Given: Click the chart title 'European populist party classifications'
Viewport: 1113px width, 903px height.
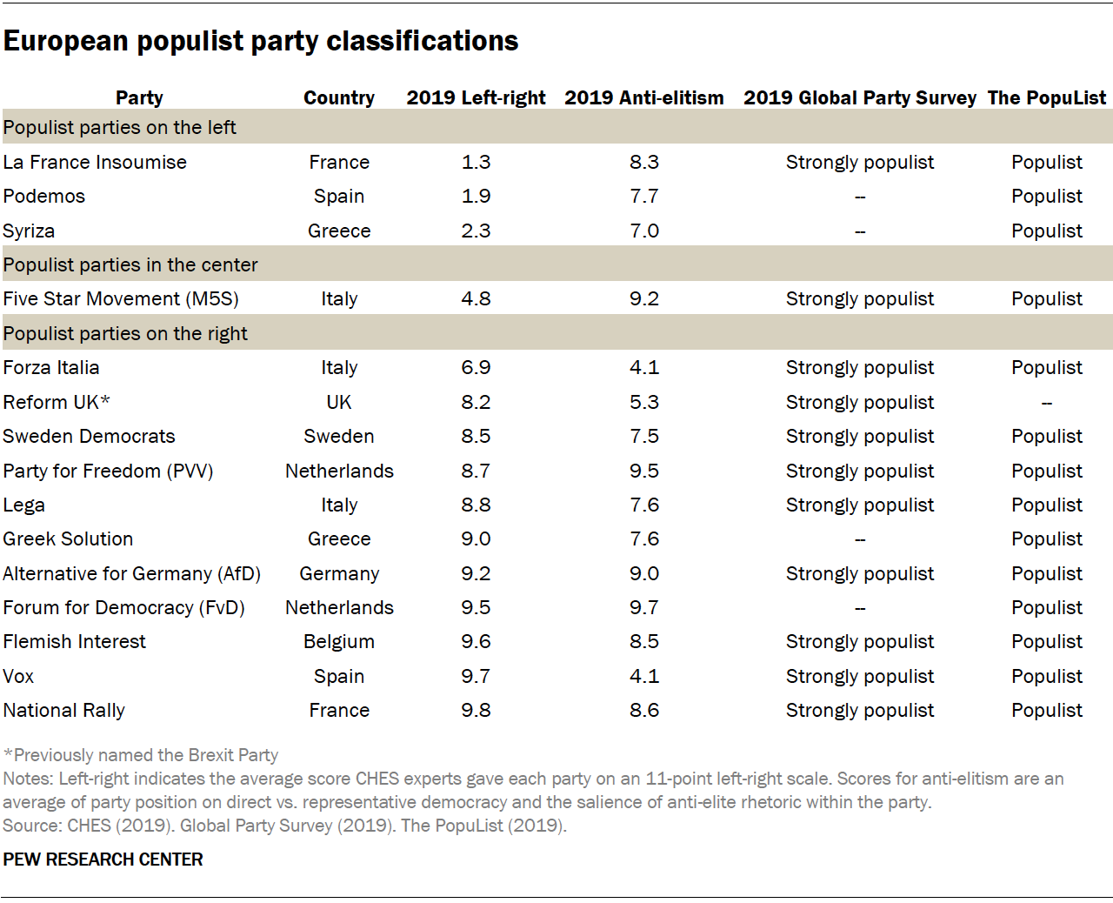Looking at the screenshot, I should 261,41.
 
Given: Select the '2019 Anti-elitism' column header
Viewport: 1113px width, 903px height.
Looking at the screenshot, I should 643,97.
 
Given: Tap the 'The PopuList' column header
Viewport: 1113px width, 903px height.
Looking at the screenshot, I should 1046,97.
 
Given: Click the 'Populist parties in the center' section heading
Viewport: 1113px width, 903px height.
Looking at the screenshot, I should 130,264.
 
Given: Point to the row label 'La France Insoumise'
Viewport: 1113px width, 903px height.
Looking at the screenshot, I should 95,162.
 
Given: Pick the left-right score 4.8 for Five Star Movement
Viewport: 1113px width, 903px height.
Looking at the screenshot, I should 476,298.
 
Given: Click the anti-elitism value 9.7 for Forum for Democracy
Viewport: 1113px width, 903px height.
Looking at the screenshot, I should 643,607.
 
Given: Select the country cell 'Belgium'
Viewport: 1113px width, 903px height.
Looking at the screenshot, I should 339,641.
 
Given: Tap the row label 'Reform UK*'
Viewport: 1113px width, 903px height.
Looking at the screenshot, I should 57,402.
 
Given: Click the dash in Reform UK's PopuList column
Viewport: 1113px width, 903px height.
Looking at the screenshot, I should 1046,403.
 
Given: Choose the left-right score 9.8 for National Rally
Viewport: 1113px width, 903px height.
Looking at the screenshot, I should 476,710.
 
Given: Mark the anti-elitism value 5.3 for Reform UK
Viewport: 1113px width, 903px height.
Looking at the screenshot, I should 643,402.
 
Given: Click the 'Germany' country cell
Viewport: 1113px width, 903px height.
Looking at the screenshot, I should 339,573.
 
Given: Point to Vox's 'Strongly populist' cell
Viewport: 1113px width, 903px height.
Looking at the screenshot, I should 859,676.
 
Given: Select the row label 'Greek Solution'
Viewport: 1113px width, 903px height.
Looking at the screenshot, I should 68,538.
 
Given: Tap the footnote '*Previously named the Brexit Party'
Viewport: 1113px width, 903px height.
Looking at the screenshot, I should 141,755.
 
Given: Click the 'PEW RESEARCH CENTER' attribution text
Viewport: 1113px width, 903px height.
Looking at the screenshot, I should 103,860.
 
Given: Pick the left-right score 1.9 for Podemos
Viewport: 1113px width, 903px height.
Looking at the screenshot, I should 476,196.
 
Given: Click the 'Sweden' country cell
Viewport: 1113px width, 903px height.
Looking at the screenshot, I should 339,436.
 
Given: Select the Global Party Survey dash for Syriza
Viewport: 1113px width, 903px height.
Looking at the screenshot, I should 859,231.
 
